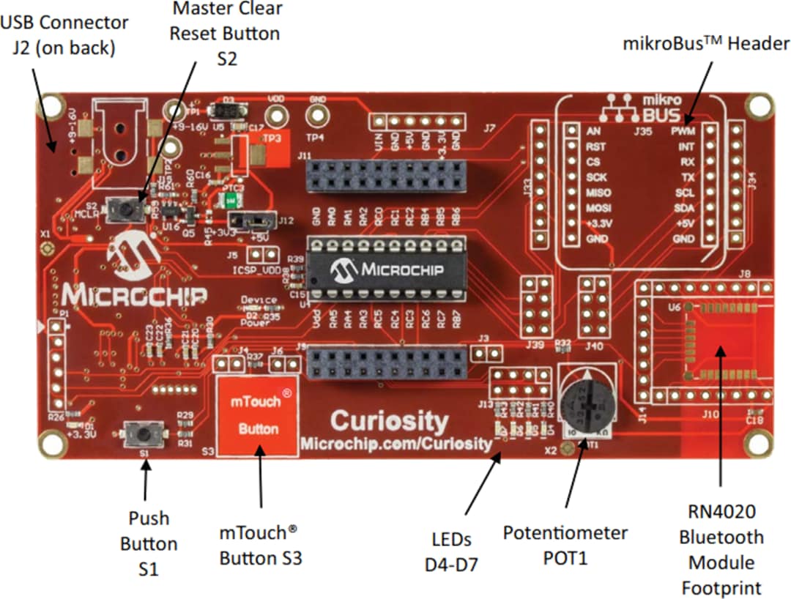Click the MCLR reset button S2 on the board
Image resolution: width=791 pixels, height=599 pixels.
click(125, 211)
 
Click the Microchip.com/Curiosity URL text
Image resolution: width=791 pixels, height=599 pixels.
click(395, 444)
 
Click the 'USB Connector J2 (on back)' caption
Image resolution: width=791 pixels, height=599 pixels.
click(64, 35)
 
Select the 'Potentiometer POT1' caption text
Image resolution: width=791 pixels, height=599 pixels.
click(565, 545)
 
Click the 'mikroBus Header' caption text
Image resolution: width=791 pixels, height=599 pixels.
click(706, 44)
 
